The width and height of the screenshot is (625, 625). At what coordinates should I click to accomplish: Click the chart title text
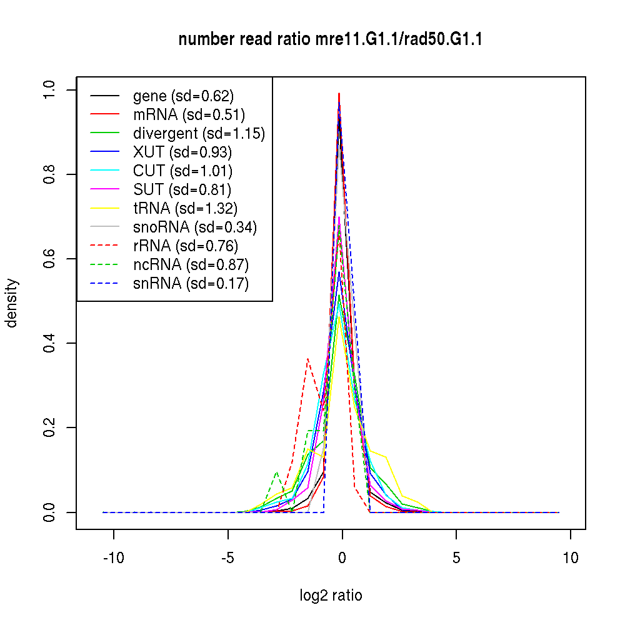click(330, 39)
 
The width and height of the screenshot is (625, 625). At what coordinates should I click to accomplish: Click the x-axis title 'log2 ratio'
click(331, 596)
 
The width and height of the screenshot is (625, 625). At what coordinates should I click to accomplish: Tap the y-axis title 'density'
click(12, 302)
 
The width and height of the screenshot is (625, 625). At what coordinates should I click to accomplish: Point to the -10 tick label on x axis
click(114, 558)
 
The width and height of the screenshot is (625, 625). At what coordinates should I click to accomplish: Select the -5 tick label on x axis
click(228, 558)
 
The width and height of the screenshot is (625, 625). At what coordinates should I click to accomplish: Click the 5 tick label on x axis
click(456, 558)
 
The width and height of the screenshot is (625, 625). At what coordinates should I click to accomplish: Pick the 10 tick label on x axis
click(570, 558)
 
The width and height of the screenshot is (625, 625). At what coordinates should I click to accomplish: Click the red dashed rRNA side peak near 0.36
click(307, 359)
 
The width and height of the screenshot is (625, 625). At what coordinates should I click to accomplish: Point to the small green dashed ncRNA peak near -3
click(276, 472)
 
